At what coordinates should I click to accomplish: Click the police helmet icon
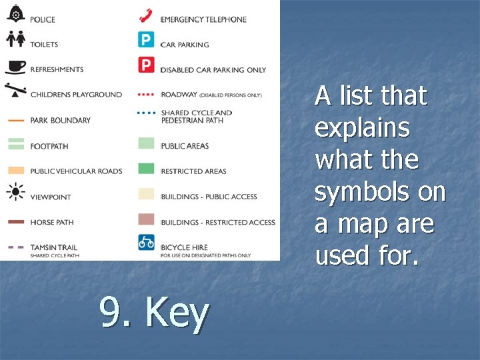coord(16,14)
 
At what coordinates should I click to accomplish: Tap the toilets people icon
coord(16,39)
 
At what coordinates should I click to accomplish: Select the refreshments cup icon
coord(16,67)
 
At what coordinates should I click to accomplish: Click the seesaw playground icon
coord(16,90)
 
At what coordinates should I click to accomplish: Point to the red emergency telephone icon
coord(146,15)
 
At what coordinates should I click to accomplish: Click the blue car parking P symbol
coord(146,40)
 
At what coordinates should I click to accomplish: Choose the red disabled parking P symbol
coord(146,65)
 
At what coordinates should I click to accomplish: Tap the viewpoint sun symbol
coord(16,193)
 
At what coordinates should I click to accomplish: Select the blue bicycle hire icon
coord(146,242)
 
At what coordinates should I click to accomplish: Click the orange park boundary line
coord(16,121)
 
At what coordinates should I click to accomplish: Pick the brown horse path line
coord(16,222)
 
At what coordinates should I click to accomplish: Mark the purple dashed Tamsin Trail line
coord(16,247)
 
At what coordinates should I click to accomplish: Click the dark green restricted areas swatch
coord(146,169)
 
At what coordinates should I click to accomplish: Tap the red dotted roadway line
coord(146,94)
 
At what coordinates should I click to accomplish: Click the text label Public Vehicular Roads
coord(76,171)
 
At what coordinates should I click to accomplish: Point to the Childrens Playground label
coord(76,95)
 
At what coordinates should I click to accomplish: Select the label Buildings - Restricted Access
coord(218,222)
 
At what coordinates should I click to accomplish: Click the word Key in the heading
coord(177,312)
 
